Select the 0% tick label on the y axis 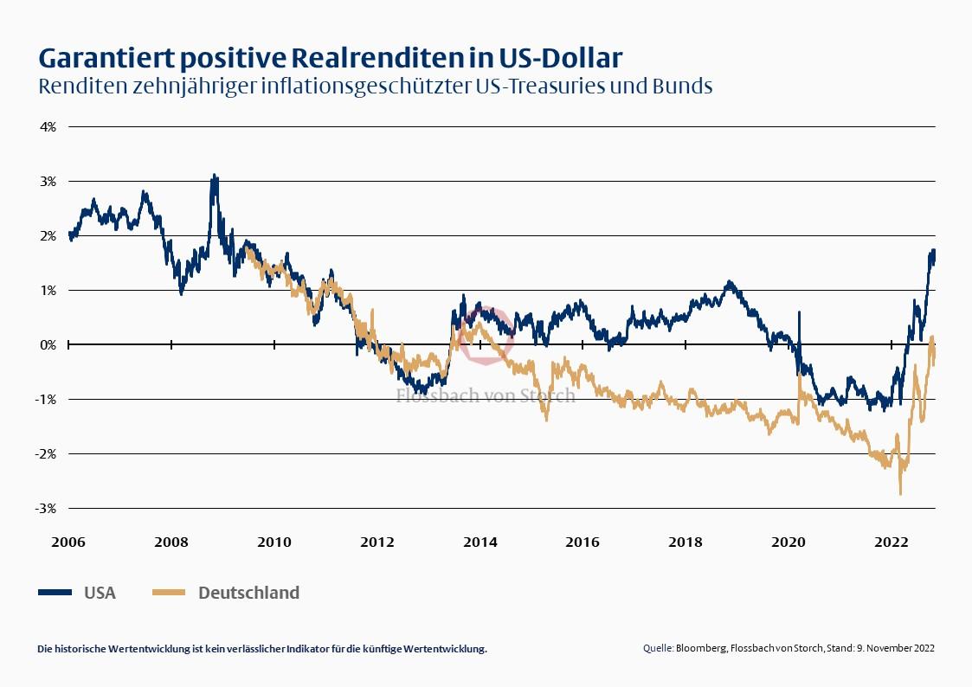[x=47, y=344]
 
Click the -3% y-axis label [x=45, y=508]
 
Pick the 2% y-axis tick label [x=47, y=235]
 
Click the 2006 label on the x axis [x=68, y=543]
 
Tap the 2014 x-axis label [x=480, y=543]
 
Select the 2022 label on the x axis [x=892, y=543]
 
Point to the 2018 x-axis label [x=686, y=543]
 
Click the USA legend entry [x=99, y=593]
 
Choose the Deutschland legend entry [x=248, y=593]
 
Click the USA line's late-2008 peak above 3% [x=215, y=176]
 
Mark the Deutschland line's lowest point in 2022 [x=900, y=493]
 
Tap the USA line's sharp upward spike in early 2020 [x=799, y=313]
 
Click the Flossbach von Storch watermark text [x=486, y=395]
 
